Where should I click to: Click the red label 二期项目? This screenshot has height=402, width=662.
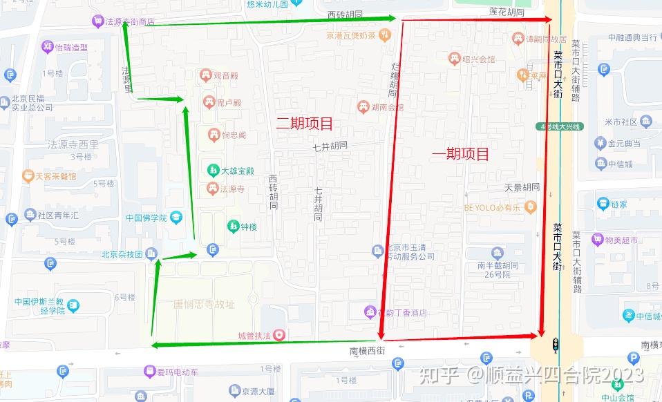coord(305,124)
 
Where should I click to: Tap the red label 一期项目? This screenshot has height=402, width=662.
coord(460,154)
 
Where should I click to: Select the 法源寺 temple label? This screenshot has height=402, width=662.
coord(233,189)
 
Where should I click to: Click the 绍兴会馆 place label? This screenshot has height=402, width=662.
coord(480,59)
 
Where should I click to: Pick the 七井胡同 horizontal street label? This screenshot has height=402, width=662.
coord(330,146)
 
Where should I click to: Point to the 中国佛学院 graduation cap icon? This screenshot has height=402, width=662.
coord(176,218)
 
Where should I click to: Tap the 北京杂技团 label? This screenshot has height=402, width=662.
coord(122,253)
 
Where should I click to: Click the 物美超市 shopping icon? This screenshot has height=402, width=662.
coord(597,240)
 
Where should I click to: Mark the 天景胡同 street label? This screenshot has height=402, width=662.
coord(521,187)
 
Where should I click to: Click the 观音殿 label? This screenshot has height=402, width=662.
coord(225,75)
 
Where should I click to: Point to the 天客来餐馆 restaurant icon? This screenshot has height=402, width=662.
coord(28,176)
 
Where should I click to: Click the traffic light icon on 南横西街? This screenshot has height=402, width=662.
coord(555,345)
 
